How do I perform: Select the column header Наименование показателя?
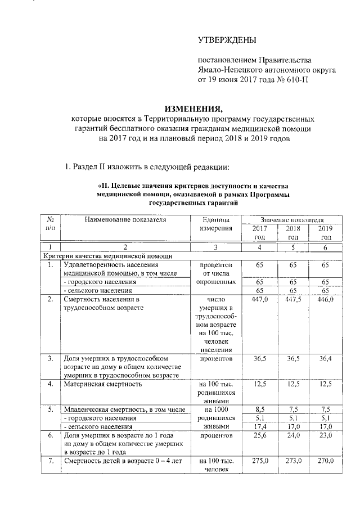coord(125,219)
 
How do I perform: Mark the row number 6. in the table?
coord(51,435)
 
